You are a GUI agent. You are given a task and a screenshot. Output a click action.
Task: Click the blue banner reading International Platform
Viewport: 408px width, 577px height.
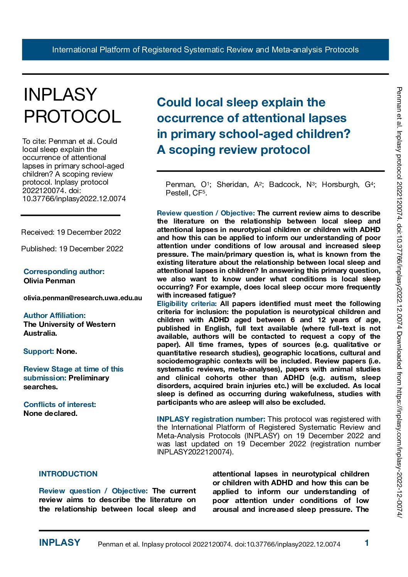pyautogui.click(x=205, y=50)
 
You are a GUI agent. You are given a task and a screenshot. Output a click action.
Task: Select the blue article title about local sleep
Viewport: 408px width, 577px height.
pyautogui.click(x=253, y=126)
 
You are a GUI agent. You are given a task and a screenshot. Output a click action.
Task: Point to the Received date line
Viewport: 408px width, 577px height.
pyautogui.click(x=71, y=232)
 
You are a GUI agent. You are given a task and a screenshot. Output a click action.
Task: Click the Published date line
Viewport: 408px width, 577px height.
pyautogui.click(x=72, y=249)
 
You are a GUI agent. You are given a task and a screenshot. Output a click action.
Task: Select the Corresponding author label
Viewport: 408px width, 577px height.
pyautogui.click(x=64, y=271)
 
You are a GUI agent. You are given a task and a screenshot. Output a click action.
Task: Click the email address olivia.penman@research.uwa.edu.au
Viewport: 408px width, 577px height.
pyautogui.click(x=83, y=298)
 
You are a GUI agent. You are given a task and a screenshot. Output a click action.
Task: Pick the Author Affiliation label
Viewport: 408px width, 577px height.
pyautogui.click(x=54, y=315)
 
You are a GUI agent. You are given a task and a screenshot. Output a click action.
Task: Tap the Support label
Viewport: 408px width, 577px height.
pyautogui.click(x=38, y=351)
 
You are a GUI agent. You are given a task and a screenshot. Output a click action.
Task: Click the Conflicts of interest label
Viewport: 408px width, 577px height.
pyautogui.click(x=60, y=404)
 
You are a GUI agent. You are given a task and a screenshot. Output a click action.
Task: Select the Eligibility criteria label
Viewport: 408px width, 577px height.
pyautogui.click(x=187, y=304)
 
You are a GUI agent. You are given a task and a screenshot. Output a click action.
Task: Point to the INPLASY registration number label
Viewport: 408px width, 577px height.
pyautogui.click(x=211, y=419)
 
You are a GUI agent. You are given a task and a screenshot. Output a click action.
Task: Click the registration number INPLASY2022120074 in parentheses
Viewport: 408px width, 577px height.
pyautogui.click(x=194, y=452)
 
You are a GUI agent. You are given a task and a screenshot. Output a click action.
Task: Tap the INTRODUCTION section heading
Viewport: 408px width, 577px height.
pyautogui.click(x=68, y=474)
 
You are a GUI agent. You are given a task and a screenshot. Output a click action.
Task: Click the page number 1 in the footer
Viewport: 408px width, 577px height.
pyautogui.click(x=367, y=543)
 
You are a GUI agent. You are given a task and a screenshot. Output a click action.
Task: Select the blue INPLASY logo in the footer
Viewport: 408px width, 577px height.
pyautogui.click(x=59, y=543)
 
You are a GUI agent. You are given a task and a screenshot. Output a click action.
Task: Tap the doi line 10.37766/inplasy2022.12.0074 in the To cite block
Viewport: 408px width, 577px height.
pyautogui.click(x=74, y=199)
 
